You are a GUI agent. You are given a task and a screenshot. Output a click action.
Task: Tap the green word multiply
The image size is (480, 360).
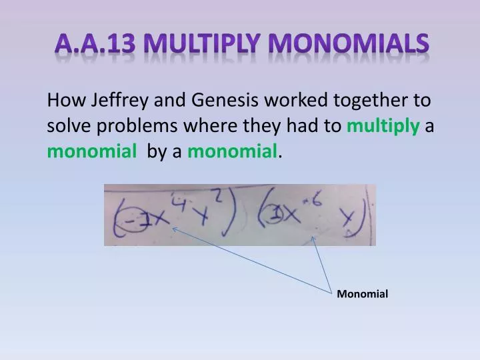(x=383, y=127)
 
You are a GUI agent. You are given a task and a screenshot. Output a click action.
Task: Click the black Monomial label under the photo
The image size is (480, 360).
(x=362, y=294)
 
